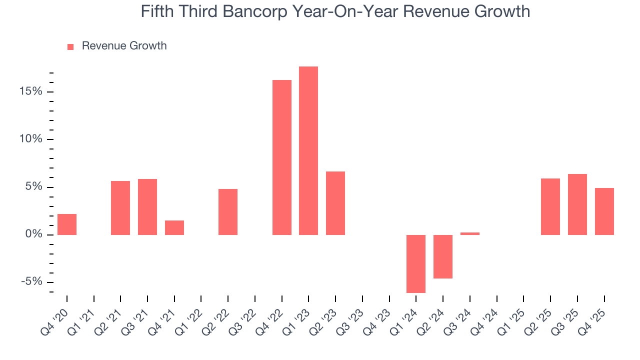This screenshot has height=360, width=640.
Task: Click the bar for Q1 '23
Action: point(308,150)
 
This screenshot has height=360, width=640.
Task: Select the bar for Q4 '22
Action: point(281,157)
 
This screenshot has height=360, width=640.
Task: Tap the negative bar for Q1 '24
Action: point(416,263)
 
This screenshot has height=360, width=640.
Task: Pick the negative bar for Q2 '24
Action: point(443,256)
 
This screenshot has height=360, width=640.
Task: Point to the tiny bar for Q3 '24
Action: point(470,233)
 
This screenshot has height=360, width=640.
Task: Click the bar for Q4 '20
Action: point(67,224)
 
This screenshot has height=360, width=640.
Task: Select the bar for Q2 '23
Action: point(335,203)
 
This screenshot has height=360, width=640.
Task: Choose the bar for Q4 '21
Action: point(174,227)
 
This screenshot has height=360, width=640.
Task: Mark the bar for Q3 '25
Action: point(577,204)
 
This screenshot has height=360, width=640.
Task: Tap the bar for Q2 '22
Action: point(228,212)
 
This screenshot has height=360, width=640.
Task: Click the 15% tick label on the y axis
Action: point(32,91)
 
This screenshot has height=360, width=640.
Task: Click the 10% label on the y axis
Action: point(32,139)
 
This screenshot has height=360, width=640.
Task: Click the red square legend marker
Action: point(70,46)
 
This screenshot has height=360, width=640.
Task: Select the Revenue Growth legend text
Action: point(124,46)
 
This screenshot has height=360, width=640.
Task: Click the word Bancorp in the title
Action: point(272,11)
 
